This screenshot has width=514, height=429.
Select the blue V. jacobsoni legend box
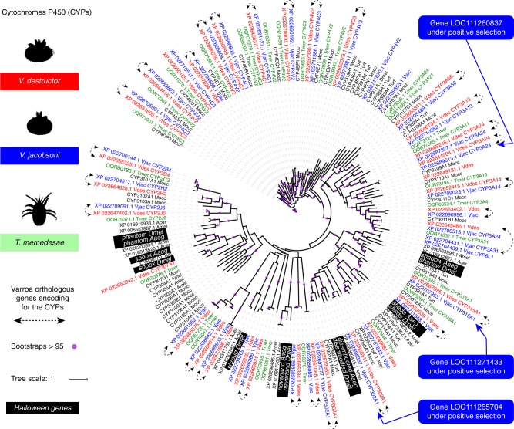42,151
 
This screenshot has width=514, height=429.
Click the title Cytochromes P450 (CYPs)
50,10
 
